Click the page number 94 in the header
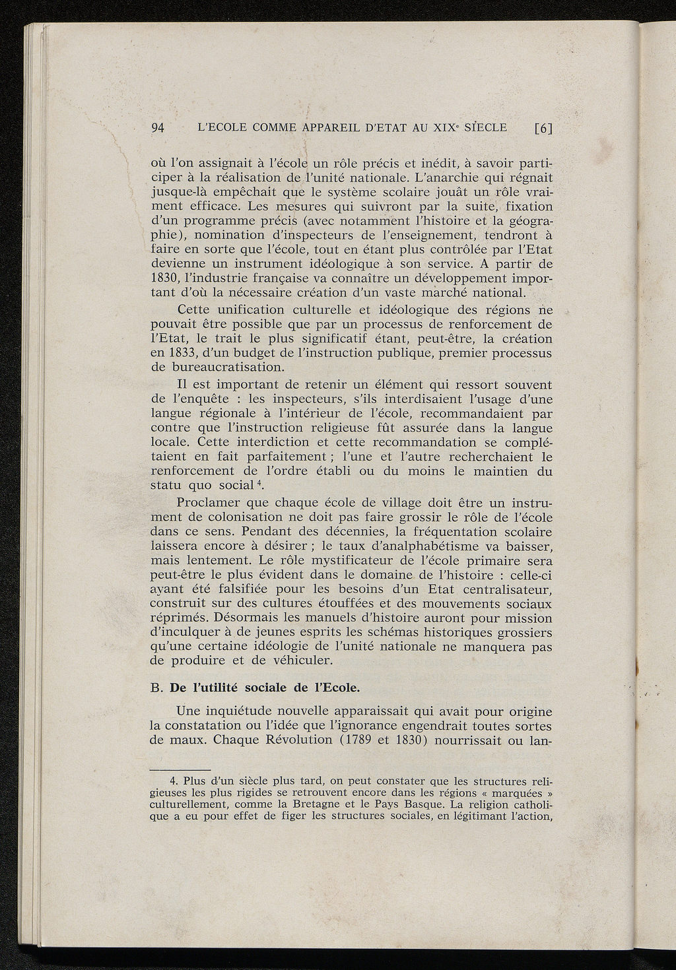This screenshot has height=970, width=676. pos(157,129)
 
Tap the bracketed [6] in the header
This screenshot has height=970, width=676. pos(542,129)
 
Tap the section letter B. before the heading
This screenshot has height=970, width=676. pos(157,688)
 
